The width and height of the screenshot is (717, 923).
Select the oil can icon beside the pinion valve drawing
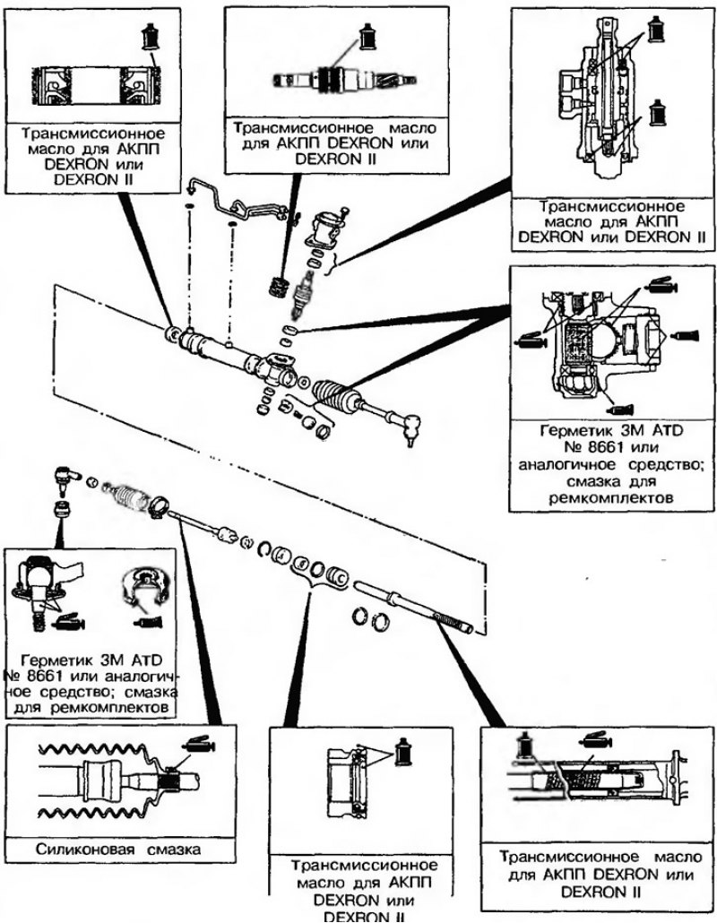click(x=368, y=38)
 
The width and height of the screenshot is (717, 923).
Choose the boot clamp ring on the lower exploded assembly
click(x=159, y=505)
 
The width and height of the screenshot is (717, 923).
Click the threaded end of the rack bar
click(x=454, y=621)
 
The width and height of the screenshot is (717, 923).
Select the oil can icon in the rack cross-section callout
click(x=523, y=744)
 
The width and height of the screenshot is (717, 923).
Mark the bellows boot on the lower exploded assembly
click(x=128, y=499)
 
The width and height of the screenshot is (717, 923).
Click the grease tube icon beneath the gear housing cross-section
click(x=621, y=410)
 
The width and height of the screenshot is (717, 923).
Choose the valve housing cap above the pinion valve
click(x=327, y=227)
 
